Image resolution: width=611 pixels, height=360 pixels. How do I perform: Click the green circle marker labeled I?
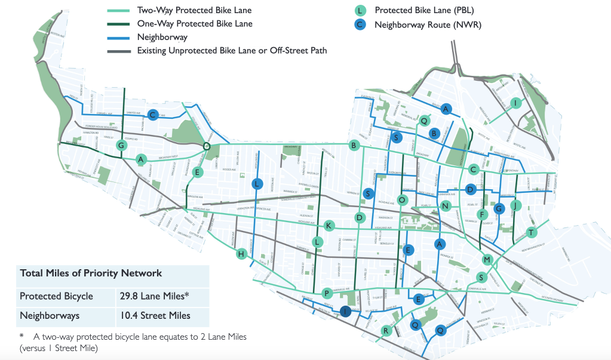tap(516, 103)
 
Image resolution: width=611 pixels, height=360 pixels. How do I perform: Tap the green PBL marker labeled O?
tap(402, 199)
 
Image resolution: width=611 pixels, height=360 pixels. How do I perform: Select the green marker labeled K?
tap(328, 226)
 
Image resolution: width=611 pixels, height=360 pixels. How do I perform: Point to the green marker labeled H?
tap(241, 254)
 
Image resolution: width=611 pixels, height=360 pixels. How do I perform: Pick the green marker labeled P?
tap(326, 293)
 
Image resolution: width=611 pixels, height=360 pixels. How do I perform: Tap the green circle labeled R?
tap(386, 331)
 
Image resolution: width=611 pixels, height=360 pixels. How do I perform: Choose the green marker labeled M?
tap(487, 260)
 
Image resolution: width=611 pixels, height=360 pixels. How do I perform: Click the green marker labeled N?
tap(445, 206)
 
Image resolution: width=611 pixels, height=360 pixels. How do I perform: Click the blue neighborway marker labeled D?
tap(470, 189)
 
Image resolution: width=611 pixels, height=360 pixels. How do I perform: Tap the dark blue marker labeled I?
tap(345, 310)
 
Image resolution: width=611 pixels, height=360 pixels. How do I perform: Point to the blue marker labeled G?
tap(498, 208)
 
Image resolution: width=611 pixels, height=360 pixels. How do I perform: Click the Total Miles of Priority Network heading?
tap(91, 273)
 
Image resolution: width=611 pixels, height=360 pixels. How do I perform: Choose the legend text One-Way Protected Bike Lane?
tap(194, 24)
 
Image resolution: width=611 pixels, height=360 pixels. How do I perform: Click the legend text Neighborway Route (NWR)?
tap(427, 25)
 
